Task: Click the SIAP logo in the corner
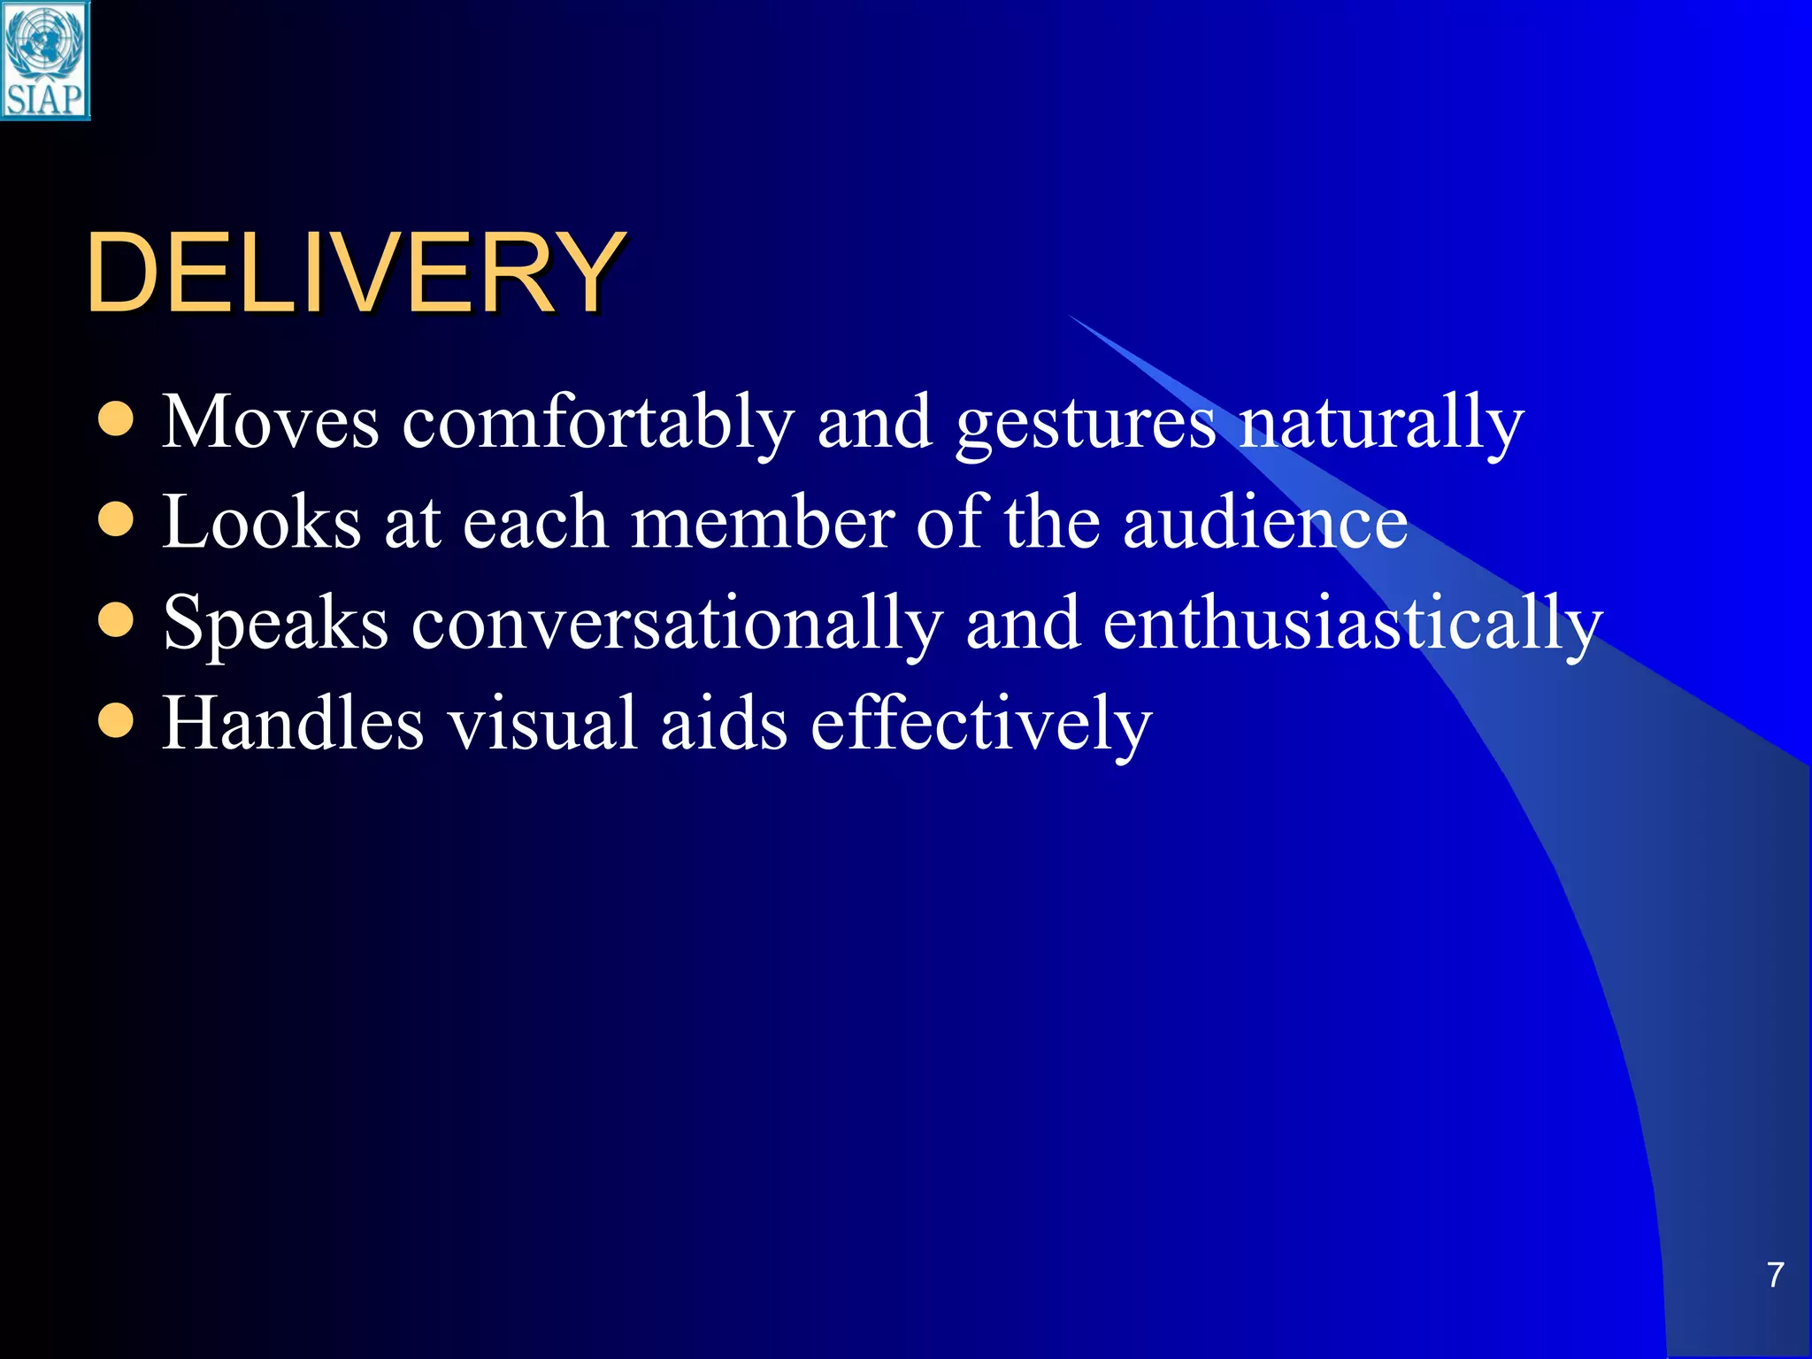tap(45, 60)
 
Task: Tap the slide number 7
tap(1775, 1275)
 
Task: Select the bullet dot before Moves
tap(116, 420)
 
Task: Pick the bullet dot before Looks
tap(116, 521)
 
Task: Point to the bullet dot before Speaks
tap(116, 621)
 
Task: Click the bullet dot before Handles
tap(116, 722)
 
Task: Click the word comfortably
tap(598, 423)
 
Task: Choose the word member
tap(763, 522)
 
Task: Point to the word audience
tap(1265, 522)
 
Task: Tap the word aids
tap(724, 723)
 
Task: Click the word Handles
tap(293, 723)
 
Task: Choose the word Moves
tap(271, 423)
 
